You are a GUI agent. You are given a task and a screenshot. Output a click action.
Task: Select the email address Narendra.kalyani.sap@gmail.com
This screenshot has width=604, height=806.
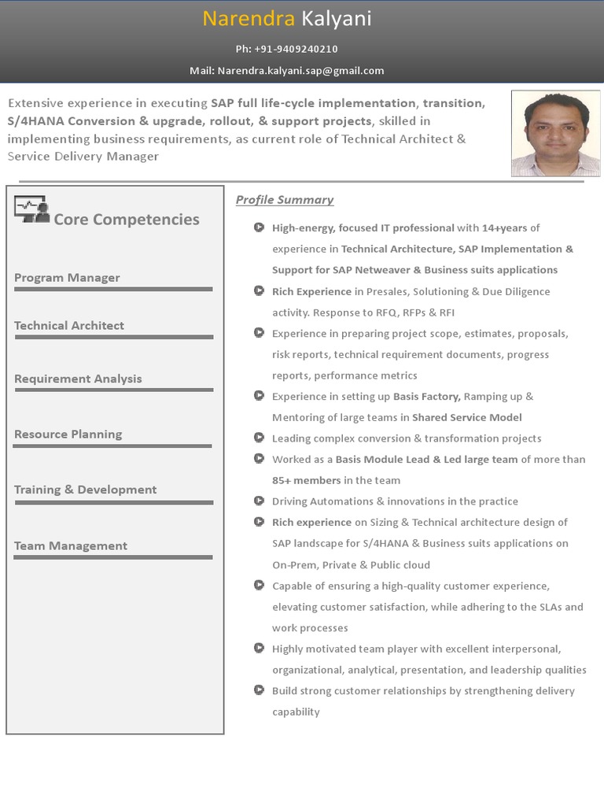click(x=300, y=71)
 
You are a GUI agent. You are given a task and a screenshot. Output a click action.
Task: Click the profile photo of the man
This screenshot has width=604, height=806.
click(x=555, y=133)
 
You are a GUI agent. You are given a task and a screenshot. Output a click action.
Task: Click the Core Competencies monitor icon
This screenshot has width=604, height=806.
click(x=31, y=209)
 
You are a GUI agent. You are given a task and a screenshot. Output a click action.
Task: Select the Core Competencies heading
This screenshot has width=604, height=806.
click(x=126, y=220)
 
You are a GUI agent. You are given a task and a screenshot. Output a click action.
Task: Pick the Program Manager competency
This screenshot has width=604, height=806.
click(x=67, y=278)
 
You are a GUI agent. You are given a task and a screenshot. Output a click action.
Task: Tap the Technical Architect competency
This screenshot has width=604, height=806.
click(x=69, y=326)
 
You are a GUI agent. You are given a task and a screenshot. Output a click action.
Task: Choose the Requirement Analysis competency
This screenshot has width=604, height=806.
click(x=78, y=379)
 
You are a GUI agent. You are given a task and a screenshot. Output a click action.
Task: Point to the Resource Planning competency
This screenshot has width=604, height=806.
click(x=68, y=434)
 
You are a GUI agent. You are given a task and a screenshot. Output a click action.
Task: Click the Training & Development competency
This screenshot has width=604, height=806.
click(x=85, y=490)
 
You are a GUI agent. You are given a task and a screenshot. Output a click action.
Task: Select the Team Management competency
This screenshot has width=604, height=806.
click(x=70, y=546)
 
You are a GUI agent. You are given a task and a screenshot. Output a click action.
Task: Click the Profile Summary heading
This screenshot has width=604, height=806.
click(x=285, y=200)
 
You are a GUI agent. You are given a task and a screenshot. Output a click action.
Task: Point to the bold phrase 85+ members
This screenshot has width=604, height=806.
click(x=307, y=480)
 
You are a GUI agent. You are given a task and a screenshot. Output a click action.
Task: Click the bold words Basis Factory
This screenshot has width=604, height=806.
click(x=428, y=397)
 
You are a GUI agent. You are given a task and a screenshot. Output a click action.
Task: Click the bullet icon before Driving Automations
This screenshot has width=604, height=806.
click(x=258, y=501)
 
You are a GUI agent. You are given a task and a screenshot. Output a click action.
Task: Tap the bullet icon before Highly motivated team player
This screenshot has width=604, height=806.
click(x=258, y=649)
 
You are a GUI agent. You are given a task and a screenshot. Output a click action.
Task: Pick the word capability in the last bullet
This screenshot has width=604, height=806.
click(x=296, y=712)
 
